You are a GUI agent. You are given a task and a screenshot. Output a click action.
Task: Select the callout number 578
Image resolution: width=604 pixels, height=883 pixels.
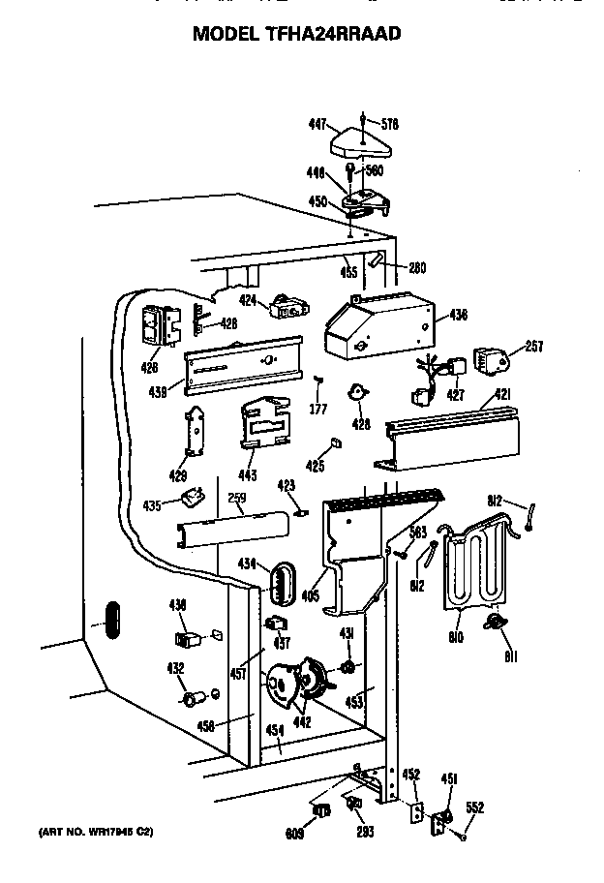click(x=390, y=124)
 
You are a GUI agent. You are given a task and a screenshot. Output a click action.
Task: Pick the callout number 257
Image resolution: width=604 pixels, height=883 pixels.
click(x=534, y=346)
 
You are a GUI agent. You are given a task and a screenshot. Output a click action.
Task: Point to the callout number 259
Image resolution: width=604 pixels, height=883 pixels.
click(x=237, y=498)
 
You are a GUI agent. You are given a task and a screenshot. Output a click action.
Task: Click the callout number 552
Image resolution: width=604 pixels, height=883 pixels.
click(x=474, y=808)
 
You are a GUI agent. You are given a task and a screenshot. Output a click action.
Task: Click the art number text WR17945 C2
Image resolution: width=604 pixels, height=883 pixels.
click(x=97, y=832)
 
